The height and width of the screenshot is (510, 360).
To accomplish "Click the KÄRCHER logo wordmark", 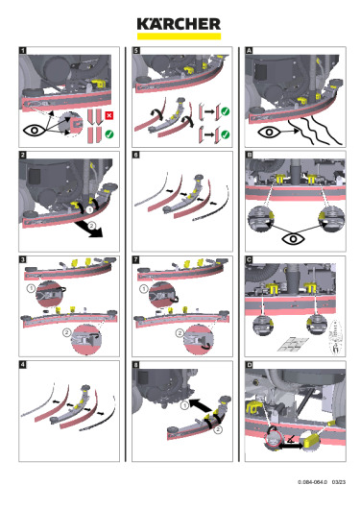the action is coord(179,24).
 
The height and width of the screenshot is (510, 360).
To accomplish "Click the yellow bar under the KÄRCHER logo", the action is coord(179,36).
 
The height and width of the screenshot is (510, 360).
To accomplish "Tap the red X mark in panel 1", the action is coord(109,115).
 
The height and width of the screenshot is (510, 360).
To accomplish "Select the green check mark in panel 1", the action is coord(109,134).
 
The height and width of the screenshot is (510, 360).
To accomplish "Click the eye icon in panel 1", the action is coord(35,131).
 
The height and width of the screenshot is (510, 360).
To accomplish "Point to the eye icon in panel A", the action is coord(269,133).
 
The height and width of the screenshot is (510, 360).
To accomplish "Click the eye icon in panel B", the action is coord(293,239).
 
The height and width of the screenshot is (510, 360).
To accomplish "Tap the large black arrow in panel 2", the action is coord(88,229).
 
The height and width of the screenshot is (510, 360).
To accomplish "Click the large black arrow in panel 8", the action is coord(200,405).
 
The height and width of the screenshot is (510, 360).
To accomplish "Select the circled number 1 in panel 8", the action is coord(184,405).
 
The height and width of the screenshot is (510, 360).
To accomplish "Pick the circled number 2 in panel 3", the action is coord(66,332).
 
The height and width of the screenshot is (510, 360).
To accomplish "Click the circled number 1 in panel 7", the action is coord(143,288).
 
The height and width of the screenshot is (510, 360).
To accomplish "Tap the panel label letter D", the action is coord(249,365).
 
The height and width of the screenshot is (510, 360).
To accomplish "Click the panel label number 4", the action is coord(22,365).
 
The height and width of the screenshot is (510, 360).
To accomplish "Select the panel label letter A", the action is coord(249,50).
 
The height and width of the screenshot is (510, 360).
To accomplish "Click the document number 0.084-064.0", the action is coord(312,482).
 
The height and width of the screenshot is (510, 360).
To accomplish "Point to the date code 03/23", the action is coord(339,482).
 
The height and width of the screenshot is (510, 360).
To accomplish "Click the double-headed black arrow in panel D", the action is coord(291,446).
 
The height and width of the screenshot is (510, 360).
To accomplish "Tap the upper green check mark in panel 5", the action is coord(225,111).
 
